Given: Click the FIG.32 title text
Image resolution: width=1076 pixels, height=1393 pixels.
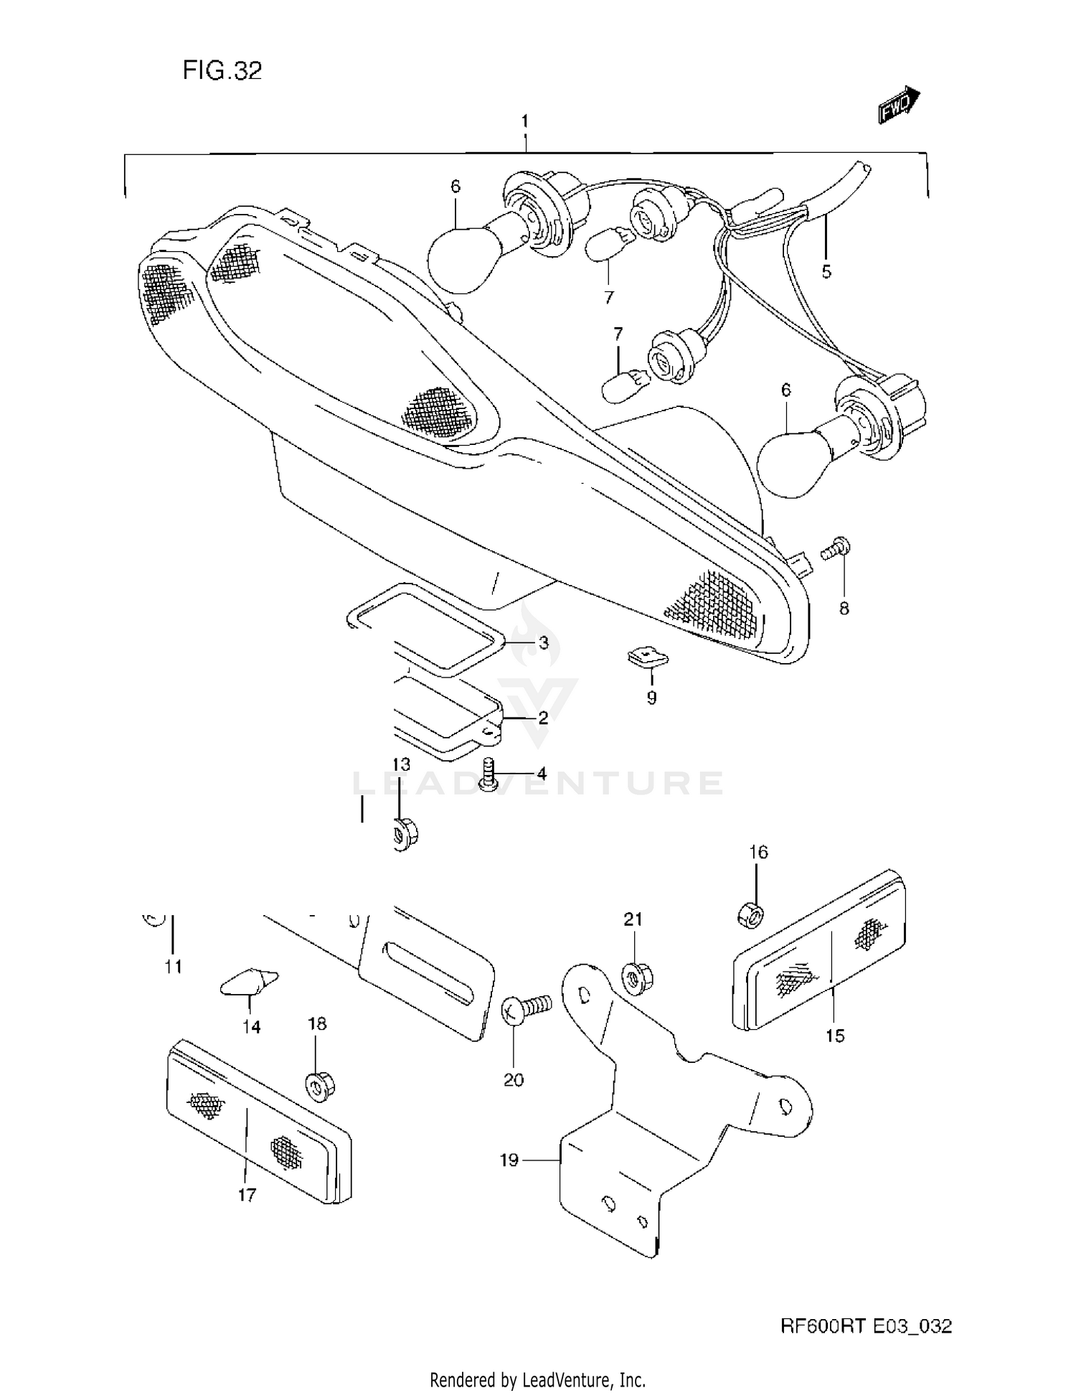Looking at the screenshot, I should coord(222,70).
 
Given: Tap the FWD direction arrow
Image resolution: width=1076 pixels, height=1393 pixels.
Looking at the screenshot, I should coord(899,105).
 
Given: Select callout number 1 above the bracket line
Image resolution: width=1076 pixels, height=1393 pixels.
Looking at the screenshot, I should coord(525,121).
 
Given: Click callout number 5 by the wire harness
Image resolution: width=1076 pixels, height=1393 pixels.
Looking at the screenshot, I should coord(826,272).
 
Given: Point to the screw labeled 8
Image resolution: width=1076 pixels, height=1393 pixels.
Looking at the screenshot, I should coord(836,549).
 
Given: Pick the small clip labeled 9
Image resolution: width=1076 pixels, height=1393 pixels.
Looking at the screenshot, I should coord(648,656).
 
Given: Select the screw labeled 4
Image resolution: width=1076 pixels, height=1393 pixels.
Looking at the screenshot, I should coord(491,776).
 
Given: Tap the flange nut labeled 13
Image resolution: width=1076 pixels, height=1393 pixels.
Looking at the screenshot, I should coord(406,833).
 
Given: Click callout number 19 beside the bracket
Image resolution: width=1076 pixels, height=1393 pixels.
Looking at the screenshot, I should coord(509,1160).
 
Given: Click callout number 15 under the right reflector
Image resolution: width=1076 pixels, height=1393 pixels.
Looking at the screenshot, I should coord(835,1036).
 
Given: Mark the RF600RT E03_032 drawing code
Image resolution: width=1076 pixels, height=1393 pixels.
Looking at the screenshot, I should coord(866,1326).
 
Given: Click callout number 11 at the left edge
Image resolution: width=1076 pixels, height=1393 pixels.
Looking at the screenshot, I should coord(173,967).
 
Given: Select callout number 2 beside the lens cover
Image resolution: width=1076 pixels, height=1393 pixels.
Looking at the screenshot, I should coord(543,718).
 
